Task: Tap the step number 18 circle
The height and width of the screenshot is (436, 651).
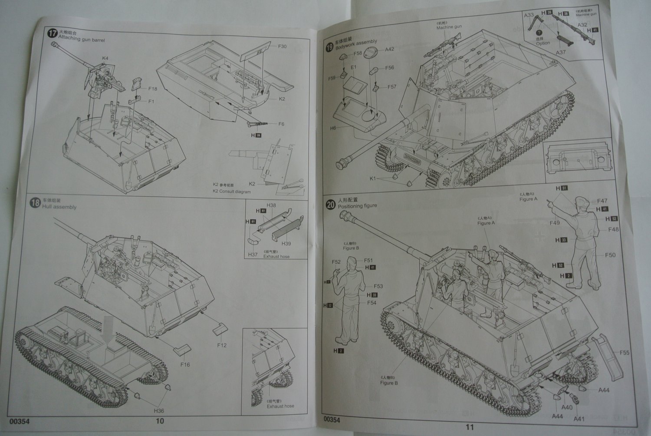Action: click(35, 202)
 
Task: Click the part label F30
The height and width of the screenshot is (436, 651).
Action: click(282, 46)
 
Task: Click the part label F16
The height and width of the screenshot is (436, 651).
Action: click(185, 365)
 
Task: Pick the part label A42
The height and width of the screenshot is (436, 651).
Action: click(389, 50)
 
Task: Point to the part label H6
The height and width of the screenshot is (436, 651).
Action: click(333, 128)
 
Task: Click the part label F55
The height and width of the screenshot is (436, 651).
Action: click(625, 353)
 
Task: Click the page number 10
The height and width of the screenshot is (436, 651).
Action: click(160, 421)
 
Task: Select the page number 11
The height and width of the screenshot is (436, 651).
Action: click(470, 427)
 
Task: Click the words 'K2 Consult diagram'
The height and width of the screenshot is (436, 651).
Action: click(231, 192)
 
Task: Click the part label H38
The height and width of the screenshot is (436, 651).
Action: click(271, 205)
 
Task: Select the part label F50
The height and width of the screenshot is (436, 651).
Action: click(611, 255)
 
